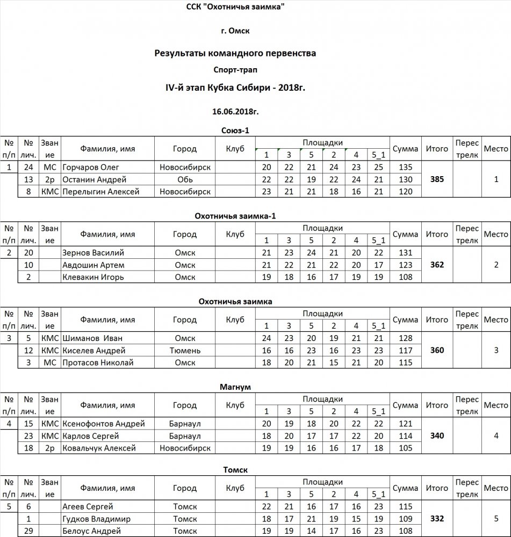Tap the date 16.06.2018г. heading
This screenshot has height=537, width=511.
(x=235, y=111)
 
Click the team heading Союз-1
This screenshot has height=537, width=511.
(x=235, y=129)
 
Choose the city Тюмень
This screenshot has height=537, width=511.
(x=185, y=351)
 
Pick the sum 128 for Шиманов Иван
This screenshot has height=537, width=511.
(x=406, y=338)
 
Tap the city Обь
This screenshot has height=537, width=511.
(x=185, y=179)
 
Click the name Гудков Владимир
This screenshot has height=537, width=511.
(x=96, y=519)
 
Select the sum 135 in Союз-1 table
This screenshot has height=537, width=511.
(x=406, y=167)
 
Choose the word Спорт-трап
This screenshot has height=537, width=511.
(x=235, y=69)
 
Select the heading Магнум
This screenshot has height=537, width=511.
(x=235, y=386)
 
